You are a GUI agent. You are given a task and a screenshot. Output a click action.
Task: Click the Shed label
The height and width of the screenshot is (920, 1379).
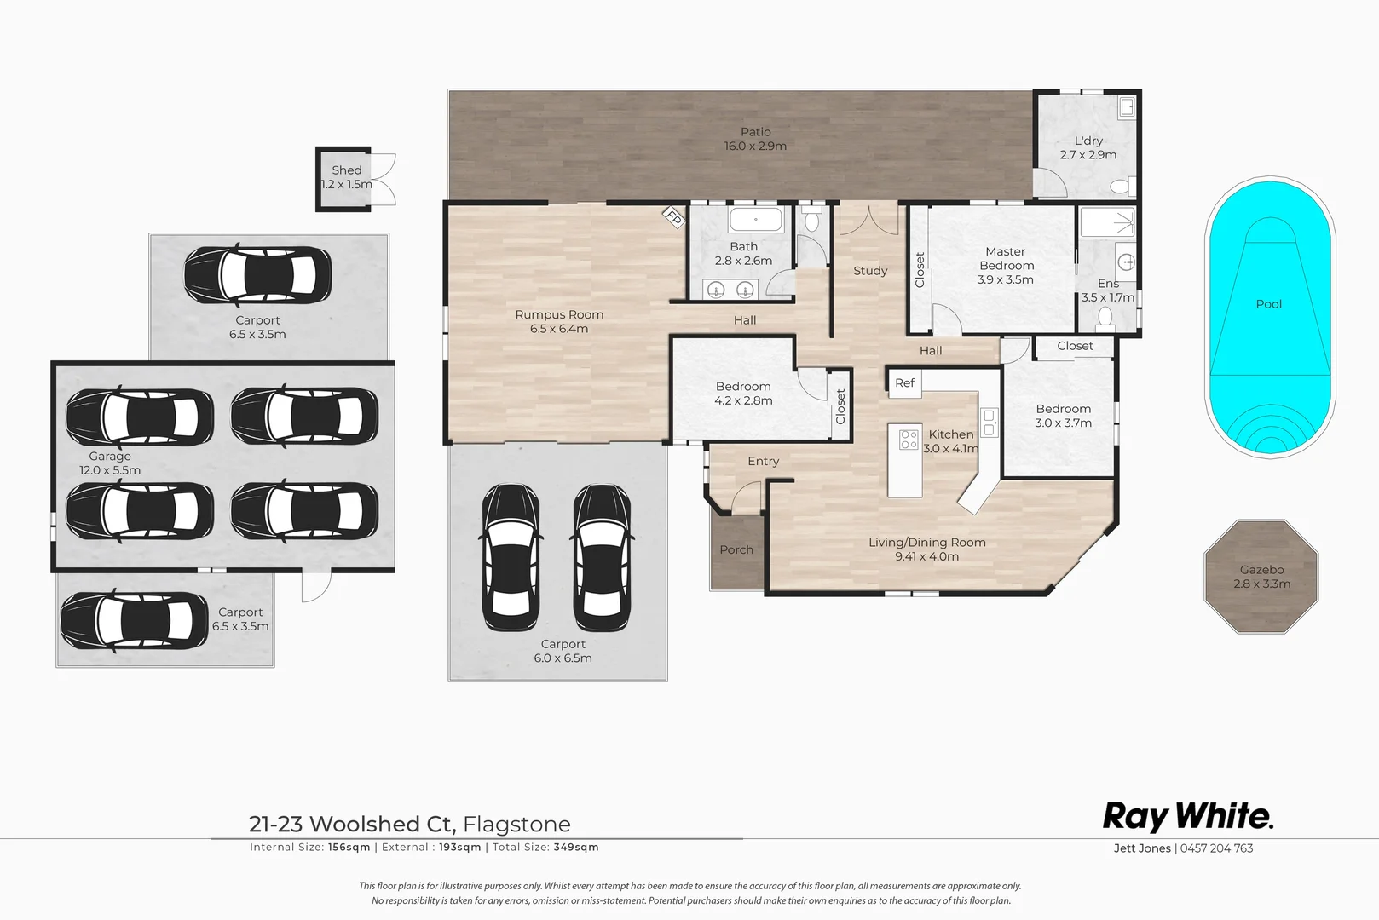tap(346, 170)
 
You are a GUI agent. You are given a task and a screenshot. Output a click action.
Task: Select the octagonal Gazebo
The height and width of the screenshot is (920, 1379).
tap(1261, 577)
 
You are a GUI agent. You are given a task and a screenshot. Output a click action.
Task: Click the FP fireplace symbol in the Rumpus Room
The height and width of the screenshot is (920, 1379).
tap(673, 218)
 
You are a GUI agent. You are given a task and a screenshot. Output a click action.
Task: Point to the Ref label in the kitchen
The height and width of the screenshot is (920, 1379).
tap(904, 383)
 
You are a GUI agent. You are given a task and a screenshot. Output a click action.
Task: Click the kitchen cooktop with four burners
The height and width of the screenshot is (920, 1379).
tap(909, 440)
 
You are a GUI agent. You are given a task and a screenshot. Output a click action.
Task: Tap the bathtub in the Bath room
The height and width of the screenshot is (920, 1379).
tap(755, 220)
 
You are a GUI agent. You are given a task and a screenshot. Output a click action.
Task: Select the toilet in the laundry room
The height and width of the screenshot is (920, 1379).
tap(1121, 187)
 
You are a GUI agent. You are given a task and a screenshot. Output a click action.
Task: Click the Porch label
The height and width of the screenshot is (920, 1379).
tap(736, 550)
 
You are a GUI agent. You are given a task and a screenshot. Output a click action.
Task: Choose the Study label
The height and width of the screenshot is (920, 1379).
tap(870, 271)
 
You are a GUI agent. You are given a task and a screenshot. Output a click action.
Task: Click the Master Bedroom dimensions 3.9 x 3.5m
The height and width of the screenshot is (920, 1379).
tap(1005, 279)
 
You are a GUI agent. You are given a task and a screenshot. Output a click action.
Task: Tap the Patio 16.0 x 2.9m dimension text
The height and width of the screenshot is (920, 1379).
tap(755, 147)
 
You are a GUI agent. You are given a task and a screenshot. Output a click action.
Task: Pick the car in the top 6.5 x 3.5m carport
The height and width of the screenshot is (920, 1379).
tap(257, 274)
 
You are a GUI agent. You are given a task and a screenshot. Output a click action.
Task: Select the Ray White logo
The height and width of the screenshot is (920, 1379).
tap(1187, 816)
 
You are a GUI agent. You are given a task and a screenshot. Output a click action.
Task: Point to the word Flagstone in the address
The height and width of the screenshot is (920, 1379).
tap(516, 825)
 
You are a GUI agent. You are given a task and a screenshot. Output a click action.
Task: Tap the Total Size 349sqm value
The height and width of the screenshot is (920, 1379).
tap(576, 848)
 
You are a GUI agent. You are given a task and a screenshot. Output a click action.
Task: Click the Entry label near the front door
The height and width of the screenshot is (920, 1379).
tap(763, 461)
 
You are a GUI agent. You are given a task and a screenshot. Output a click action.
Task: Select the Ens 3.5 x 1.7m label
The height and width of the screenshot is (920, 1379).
tap(1108, 290)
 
